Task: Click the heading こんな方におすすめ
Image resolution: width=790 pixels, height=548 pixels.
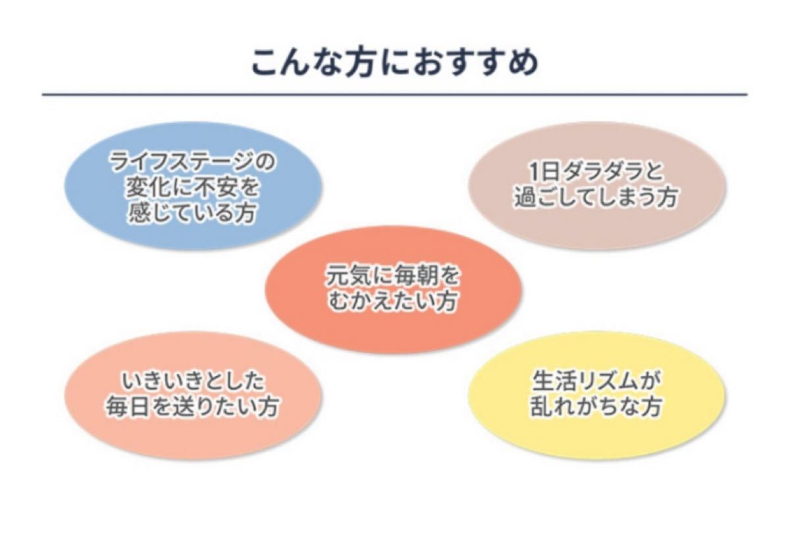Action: [x=395, y=63]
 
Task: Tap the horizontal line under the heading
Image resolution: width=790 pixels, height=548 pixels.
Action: [x=394, y=95]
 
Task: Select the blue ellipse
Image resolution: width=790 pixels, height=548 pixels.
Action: [x=194, y=186]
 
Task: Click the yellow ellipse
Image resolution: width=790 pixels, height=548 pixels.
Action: [x=596, y=395]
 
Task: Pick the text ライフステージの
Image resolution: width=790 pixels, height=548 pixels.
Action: [x=192, y=162]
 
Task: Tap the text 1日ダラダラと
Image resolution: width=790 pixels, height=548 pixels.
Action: [x=596, y=173]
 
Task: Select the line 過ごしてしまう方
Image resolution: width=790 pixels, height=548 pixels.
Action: [x=596, y=197]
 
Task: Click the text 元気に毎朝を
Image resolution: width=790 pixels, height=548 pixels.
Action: [x=392, y=276]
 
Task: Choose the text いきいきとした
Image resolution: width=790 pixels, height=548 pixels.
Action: [x=193, y=381]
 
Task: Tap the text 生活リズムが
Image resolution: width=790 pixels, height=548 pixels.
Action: [x=596, y=381]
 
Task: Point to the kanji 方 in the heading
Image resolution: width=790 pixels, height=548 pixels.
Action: [x=359, y=63]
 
